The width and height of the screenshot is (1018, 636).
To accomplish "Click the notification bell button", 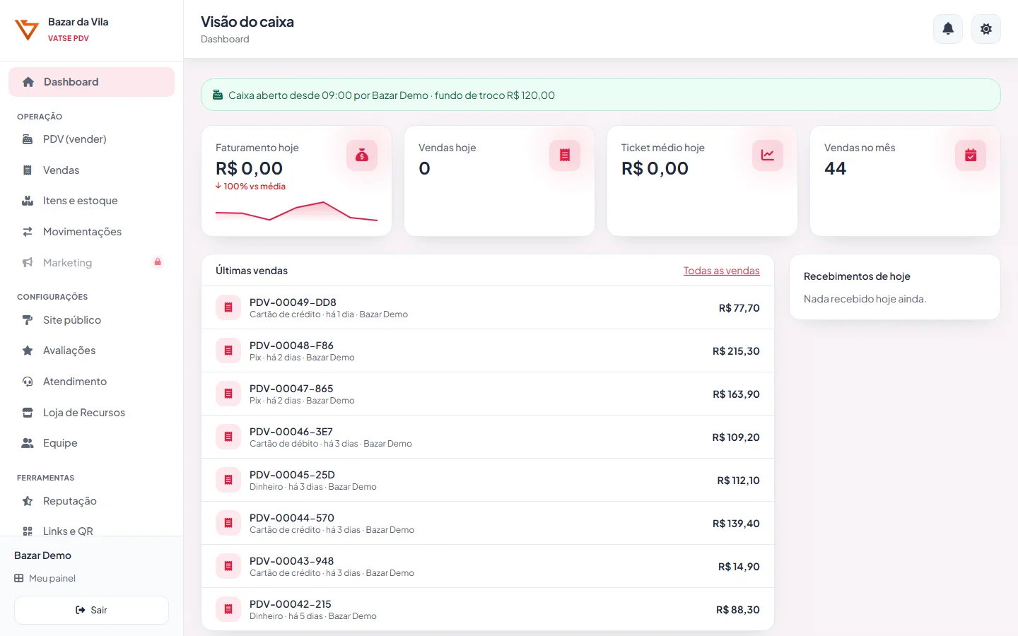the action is (947, 29).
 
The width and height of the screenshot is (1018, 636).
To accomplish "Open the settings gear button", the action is (985, 29).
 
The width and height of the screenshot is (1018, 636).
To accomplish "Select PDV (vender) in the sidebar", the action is (74, 139).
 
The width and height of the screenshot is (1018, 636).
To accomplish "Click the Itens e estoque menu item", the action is (80, 201).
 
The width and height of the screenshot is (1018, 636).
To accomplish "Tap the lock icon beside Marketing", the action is (158, 262).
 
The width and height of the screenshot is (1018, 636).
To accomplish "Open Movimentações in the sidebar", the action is (82, 232).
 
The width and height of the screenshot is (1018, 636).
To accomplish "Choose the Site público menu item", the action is (72, 320).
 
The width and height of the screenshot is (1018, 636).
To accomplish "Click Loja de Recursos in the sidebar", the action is (83, 413).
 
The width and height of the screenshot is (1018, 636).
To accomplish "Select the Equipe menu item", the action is (60, 443).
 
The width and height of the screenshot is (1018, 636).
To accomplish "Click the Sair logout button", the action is (91, 610).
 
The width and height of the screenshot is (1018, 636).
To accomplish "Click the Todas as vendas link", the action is (721, 270).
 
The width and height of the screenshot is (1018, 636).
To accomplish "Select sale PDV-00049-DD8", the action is (293, 302).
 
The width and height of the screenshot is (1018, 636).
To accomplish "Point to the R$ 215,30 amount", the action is (736, 351).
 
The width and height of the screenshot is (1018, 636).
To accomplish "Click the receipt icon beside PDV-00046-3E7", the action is (228, 437).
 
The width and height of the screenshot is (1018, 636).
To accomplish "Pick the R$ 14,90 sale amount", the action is (739, 567).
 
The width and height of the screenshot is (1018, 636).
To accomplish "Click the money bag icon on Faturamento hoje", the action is (362, 155).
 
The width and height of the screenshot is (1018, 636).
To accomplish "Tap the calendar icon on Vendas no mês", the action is (970, 155).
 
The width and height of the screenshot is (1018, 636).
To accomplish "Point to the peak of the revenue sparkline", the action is (323, 201).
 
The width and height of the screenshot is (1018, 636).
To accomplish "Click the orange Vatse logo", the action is (26, 30).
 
